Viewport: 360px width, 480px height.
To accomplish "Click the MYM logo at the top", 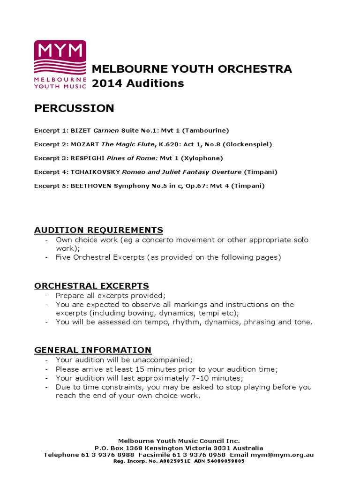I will pos(60,64).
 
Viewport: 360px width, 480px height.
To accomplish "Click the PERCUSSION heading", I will pos(74,108).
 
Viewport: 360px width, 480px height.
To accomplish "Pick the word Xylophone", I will pos(202,158).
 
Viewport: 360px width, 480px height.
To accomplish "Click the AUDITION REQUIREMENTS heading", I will pos(98,230).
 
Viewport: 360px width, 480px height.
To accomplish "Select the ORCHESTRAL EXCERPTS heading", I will pos(91,285).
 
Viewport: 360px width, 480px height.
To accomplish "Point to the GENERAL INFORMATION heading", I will pos(93,350).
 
